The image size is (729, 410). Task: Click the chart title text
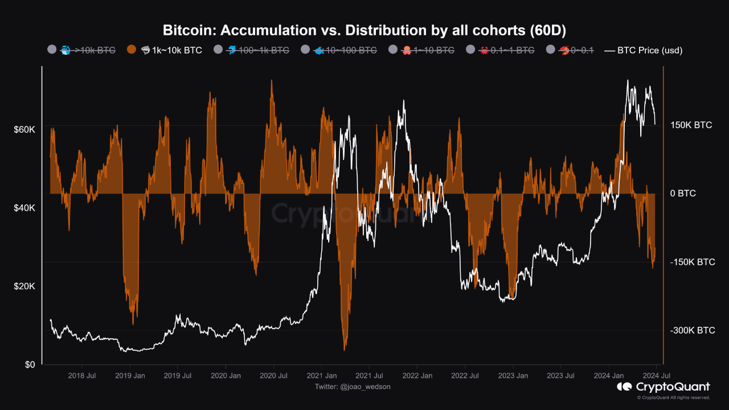(x=364, y=30)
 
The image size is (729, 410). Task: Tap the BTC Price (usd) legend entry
(x=643, y=50)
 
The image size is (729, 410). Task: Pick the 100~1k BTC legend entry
(x=256, y=50)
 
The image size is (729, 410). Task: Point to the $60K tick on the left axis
(x=24, y=130)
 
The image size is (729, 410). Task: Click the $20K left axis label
(x=24, y=286)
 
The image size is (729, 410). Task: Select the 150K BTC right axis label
(x=691, y=125)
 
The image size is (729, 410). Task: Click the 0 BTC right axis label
(x=683, y=194)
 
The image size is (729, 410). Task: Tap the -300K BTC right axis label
(x=692, y=331)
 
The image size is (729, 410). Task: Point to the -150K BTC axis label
(x=692, y=263)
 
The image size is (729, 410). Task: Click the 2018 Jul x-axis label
(x=81, y=376)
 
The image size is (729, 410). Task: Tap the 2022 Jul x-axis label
(x=465, y=376)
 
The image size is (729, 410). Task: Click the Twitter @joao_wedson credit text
(x=353, y=387)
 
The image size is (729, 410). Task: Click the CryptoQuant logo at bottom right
(x=664, y=387)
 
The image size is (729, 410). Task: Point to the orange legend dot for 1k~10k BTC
(x=131, y=50)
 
